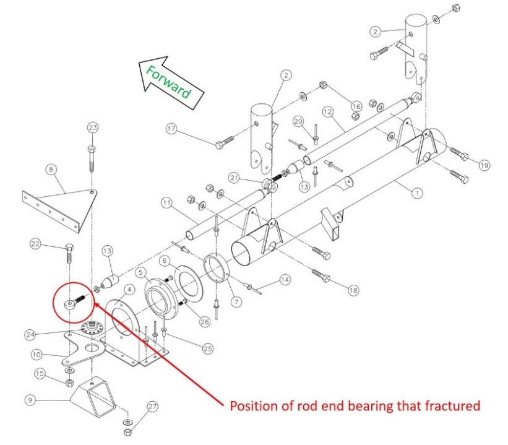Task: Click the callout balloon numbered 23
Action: coord(92,128)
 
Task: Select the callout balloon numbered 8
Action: coord(51,168)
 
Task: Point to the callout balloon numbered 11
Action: coord(167,202)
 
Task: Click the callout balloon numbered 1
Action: coord(418,192)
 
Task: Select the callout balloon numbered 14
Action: coord(284,280)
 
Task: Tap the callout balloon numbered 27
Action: coord(153,406)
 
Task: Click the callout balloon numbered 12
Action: coord(328,111)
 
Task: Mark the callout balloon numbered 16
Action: coord(356,106)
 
